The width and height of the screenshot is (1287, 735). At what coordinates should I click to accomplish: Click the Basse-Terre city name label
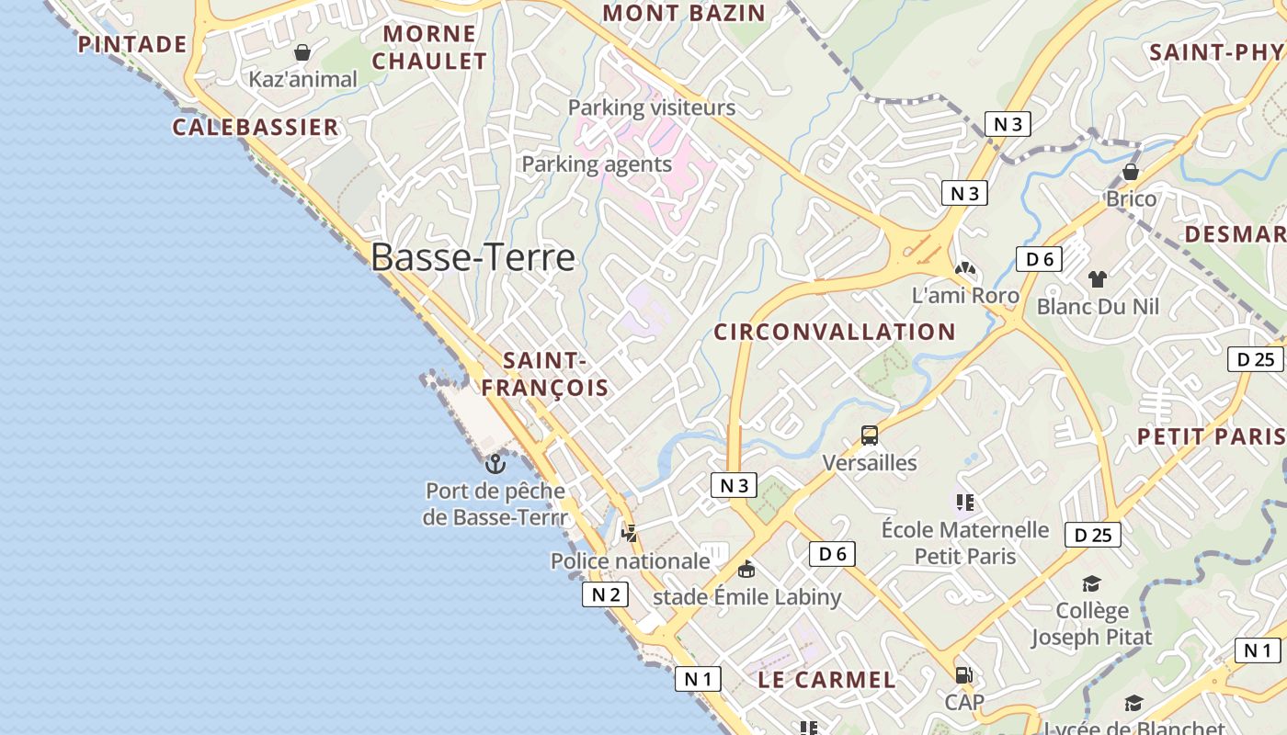point(473,258)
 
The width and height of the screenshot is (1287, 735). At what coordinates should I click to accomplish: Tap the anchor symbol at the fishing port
point(495,463)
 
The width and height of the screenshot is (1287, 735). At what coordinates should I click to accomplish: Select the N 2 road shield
point(605,594)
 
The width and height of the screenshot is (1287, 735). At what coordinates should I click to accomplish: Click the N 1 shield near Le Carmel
point(698,679)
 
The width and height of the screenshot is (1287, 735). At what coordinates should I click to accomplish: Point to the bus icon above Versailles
point(869,435)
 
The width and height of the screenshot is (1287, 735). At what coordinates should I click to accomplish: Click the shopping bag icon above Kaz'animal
point(302,52)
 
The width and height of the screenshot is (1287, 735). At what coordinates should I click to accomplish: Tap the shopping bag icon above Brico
point(1131,172)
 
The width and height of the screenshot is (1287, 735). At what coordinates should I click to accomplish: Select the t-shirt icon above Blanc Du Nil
point(1097,278)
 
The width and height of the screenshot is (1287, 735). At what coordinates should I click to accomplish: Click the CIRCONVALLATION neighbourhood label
point(835,332)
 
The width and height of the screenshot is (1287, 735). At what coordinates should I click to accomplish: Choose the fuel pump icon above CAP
point(963,675)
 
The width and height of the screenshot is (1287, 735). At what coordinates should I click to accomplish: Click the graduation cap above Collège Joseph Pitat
point(1091,583)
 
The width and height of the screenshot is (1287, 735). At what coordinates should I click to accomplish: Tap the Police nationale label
point(630,560)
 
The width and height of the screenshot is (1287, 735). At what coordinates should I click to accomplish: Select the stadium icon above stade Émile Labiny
point(746,570)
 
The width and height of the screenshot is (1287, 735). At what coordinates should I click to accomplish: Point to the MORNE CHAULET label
point(429,48)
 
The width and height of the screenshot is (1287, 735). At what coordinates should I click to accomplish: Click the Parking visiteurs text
point(652,107)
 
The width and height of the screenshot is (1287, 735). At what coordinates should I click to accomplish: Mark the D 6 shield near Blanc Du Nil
point(1039,259)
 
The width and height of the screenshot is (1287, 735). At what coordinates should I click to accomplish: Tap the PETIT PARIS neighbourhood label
point(1212,436)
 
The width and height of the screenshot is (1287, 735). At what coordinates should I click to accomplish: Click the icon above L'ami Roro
point(964,269)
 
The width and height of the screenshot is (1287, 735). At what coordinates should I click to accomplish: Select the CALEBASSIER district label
point(256,127)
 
